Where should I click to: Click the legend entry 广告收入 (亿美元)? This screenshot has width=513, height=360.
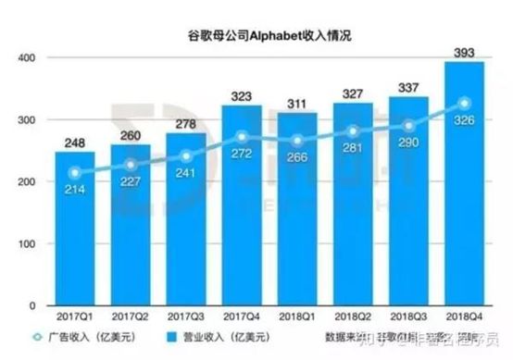tap(89, 338)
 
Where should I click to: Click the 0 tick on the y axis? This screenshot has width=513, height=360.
tap(32, 305)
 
